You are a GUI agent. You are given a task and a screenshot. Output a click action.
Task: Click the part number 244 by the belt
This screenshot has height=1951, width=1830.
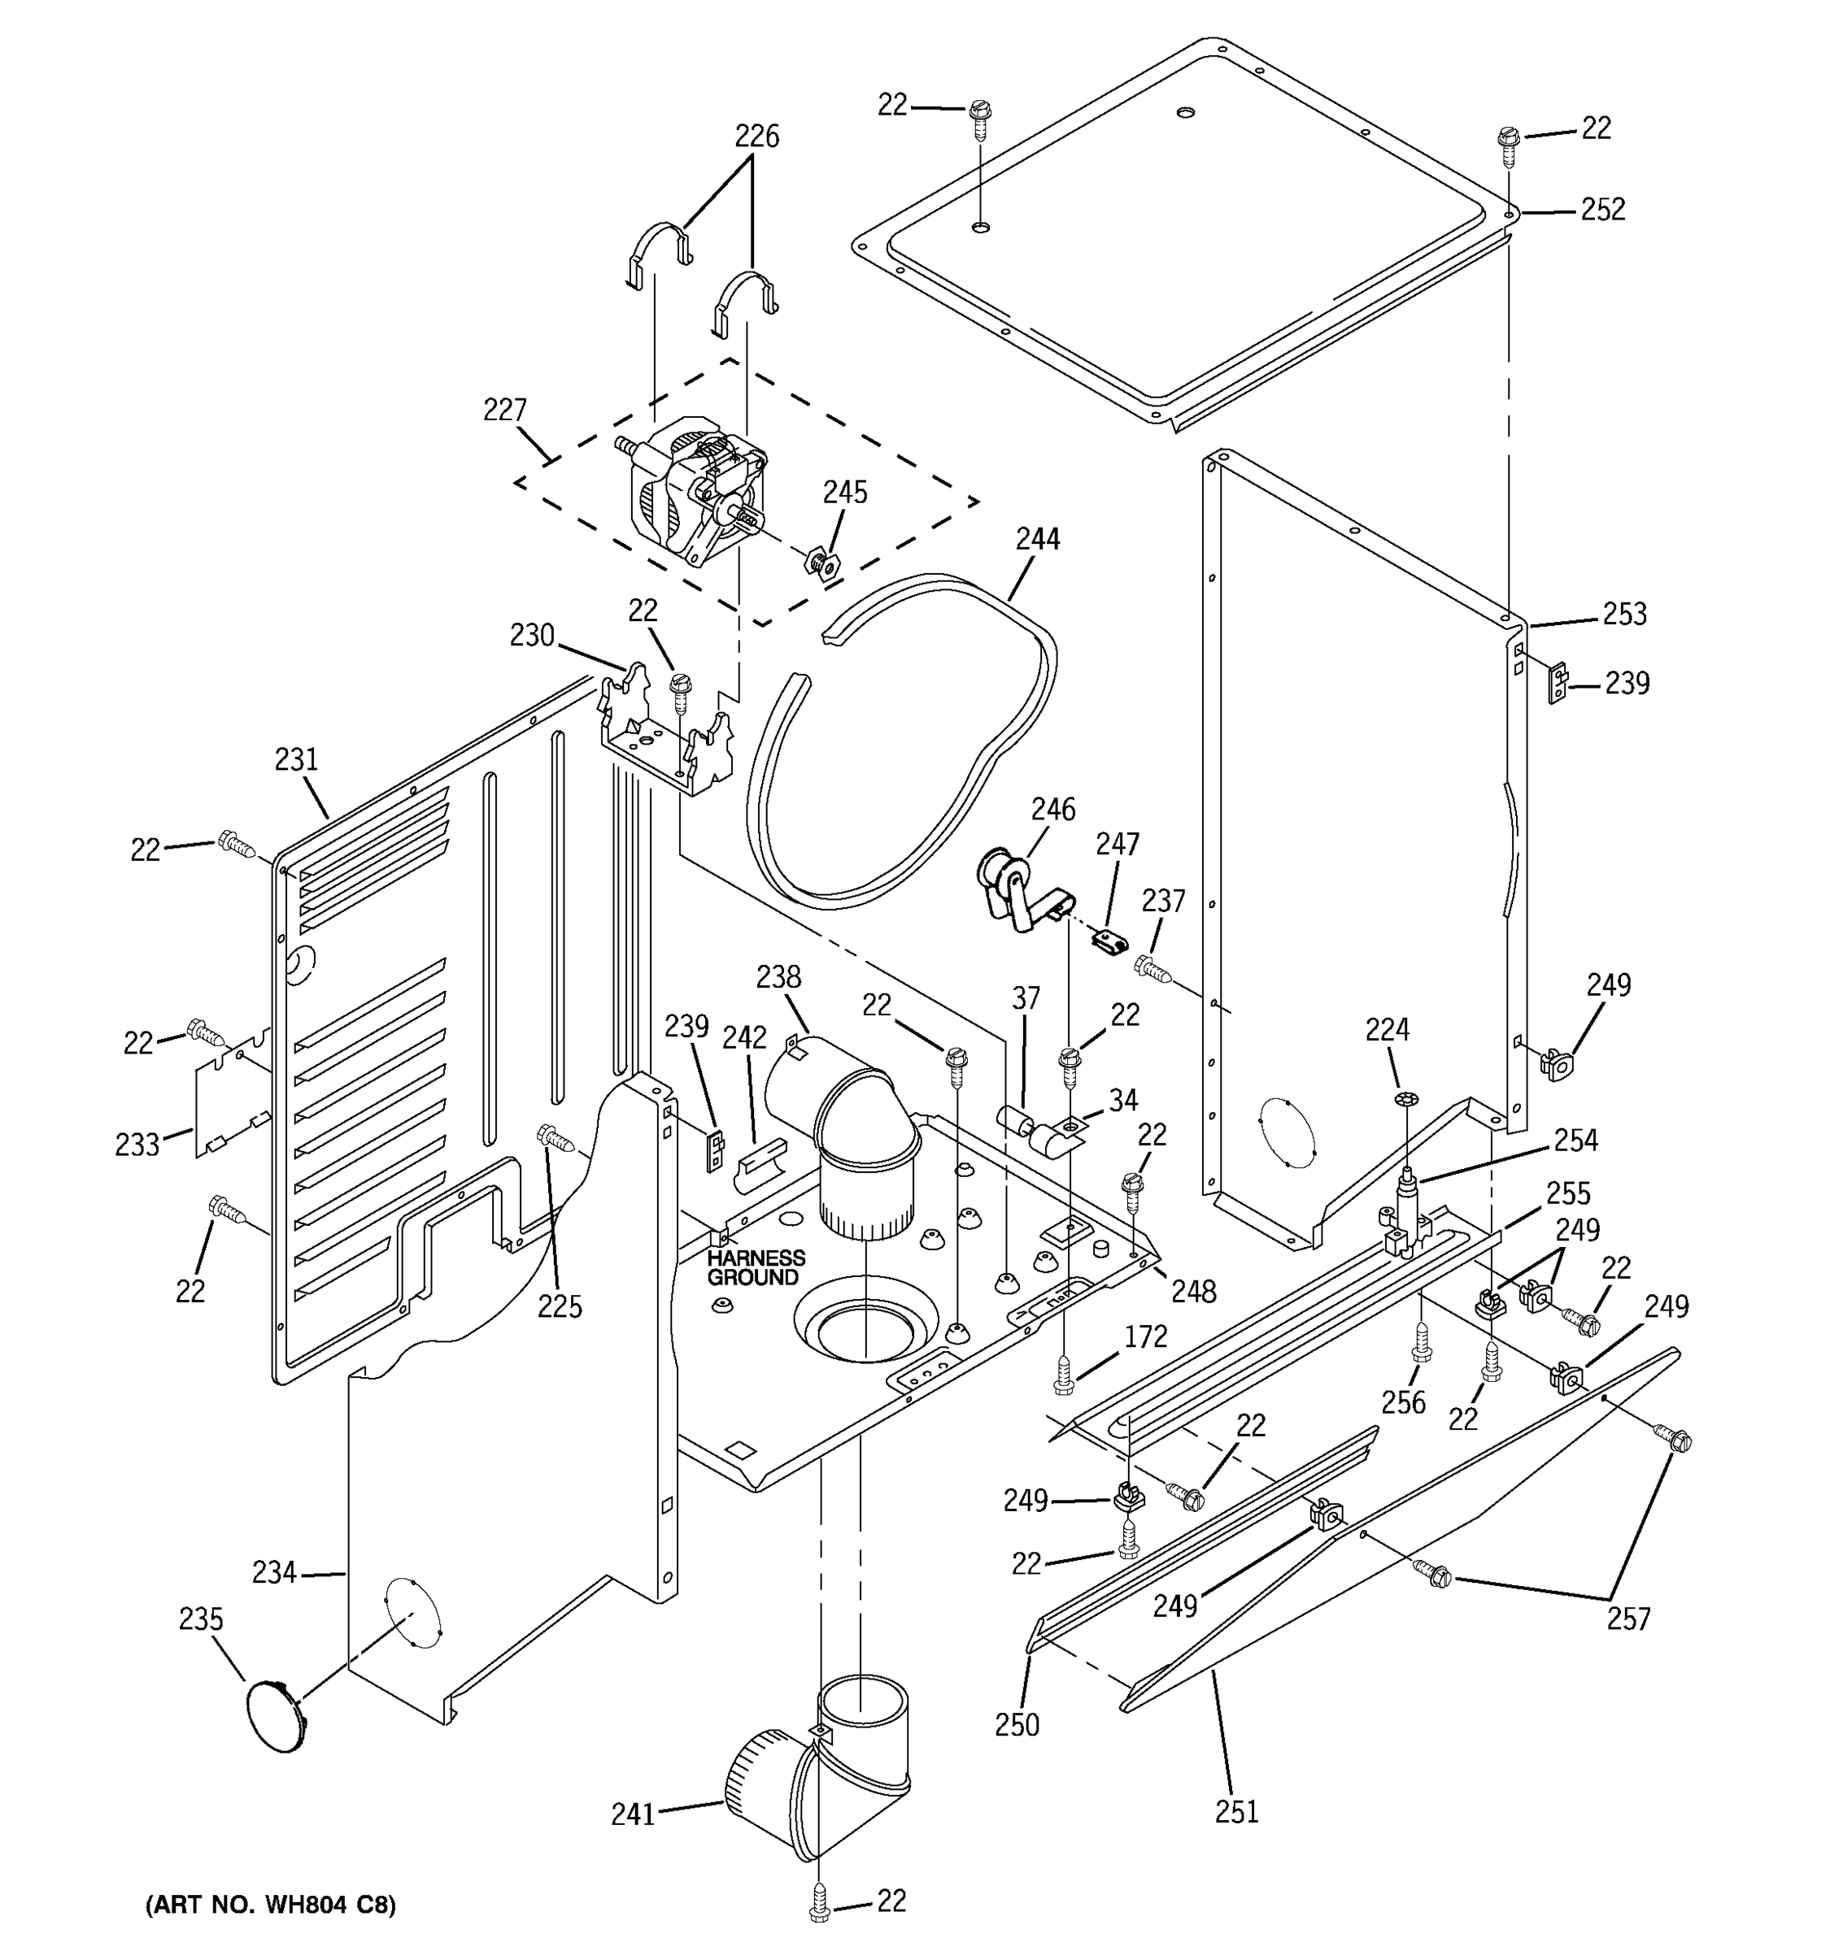[1037, 539]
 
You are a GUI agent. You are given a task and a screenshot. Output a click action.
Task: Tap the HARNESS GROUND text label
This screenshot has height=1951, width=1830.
[755, 1267]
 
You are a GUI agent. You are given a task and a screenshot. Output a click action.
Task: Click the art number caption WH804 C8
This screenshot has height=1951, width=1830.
[271, 1905]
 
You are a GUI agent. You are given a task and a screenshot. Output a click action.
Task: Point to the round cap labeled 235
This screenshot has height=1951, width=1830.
[276, 1714]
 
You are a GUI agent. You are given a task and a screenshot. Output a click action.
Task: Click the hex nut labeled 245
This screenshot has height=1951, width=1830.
[821, 563]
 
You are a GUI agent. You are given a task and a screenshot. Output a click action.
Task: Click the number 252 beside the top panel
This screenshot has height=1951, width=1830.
[1602, 209]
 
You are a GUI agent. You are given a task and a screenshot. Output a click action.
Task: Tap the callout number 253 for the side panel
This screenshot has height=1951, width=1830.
[1624, 615]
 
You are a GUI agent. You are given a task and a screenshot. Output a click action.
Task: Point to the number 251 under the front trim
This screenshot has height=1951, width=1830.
[1236, 1812]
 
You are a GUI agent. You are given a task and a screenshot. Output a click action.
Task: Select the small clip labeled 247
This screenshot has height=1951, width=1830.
[1109, 942]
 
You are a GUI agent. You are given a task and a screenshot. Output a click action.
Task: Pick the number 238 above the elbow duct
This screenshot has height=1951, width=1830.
[778, 977]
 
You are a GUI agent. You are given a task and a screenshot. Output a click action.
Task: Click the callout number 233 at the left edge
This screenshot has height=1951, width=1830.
[137, 1145]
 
